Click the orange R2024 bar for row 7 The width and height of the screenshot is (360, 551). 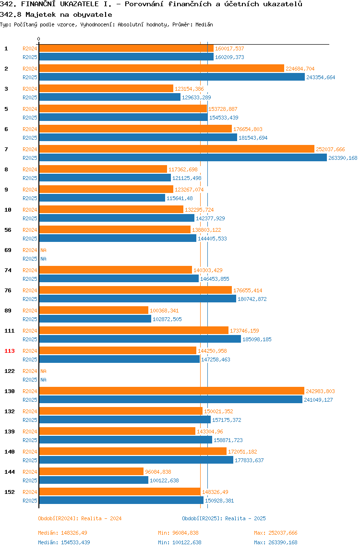pos(177,149)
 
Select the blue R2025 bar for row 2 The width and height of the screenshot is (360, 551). pos(172,77)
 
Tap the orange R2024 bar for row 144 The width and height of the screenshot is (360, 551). pos(91,472)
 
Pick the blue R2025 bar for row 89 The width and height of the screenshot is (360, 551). pos(95,319)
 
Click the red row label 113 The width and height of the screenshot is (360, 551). pos(10,351)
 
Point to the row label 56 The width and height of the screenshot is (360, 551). pos(8,230)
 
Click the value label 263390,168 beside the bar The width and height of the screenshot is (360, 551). pos(343,158)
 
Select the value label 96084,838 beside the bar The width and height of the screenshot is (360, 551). pos(158,472)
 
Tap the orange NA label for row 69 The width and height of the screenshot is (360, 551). pos(43,250)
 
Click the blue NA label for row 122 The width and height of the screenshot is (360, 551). pos(43,380)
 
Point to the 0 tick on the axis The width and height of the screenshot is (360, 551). pos(39,39)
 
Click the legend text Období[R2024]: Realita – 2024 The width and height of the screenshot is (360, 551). pos(80,519)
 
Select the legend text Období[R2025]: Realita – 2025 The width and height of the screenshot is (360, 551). pos(224,519)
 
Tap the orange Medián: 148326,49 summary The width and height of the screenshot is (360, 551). pos(62,533)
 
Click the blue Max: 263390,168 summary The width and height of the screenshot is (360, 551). pos(276,542)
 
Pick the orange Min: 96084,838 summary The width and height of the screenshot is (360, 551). pos(178,533)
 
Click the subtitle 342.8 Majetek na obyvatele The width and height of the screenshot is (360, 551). pos(56,15)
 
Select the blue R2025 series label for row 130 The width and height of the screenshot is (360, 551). pos(30,400)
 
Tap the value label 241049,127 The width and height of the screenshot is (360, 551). pos(318,400)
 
